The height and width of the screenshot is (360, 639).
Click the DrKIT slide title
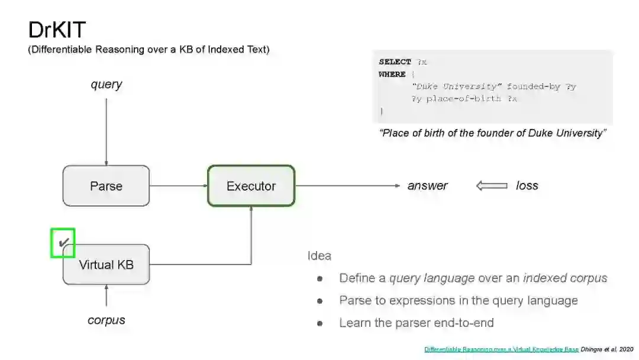57,30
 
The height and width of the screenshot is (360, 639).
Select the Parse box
106,186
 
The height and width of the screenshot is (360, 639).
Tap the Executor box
251,186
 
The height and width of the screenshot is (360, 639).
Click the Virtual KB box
106,265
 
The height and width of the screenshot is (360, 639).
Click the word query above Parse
106,84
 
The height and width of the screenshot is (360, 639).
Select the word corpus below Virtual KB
106,320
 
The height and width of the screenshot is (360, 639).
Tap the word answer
427,186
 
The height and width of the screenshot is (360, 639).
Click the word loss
527,186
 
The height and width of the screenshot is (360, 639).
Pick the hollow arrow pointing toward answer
492,186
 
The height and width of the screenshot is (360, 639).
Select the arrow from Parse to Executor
178,186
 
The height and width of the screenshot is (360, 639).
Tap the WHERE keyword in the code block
392,74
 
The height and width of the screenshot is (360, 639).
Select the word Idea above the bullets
319,256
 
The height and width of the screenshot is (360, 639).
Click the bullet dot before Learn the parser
319,323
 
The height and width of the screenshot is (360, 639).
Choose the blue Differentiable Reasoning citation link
501,349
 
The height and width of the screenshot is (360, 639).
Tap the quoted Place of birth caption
492,133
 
